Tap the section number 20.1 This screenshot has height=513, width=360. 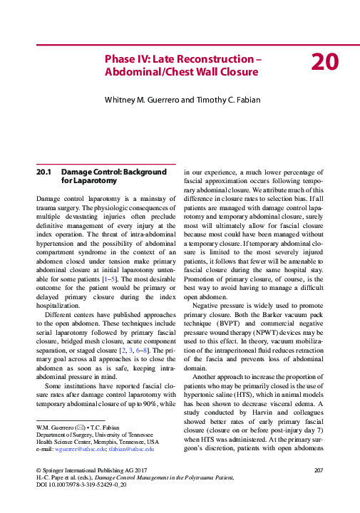coord(44,172)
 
